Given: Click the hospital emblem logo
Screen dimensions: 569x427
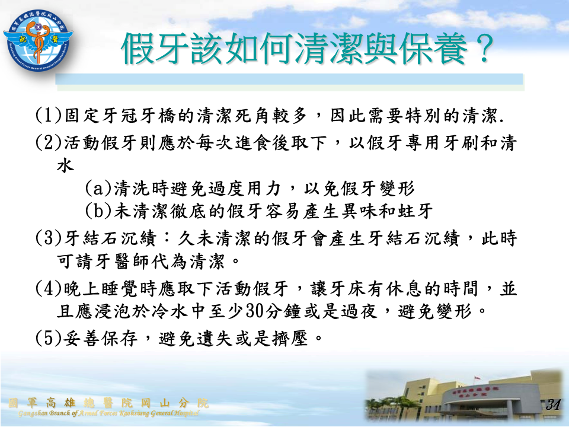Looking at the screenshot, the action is point(39,40).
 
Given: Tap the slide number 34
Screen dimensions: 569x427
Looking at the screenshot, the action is point(553,404).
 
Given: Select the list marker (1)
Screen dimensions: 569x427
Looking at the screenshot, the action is point(49,116).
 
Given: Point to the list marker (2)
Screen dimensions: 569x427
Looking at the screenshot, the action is point(49,143).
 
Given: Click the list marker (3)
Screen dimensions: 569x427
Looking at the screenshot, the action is point(49,238).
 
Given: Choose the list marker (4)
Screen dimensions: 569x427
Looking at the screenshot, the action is point(49,288).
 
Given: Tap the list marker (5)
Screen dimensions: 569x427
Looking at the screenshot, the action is point(49,338).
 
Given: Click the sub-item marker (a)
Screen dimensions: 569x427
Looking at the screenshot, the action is point(98,188).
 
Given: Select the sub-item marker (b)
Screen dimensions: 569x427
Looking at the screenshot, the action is point(98,211).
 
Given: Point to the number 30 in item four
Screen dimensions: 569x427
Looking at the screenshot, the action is point(254,311).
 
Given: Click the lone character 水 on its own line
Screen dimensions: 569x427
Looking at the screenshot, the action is point(65,165).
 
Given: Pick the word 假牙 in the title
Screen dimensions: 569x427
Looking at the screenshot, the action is point(155,49).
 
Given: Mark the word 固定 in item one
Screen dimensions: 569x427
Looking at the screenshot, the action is point(83,116).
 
